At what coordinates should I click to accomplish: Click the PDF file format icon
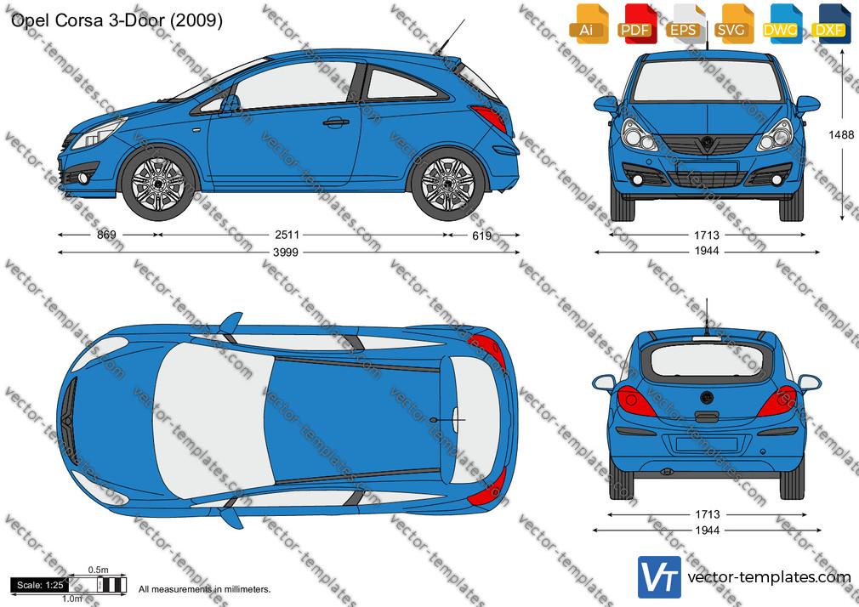tap(635, 24)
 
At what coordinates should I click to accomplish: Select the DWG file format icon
tap(781, 24)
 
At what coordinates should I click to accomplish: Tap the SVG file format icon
tap(732, 24)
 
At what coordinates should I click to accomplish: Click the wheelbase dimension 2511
tap(287, 235)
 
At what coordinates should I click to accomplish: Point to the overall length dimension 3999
tap(286, 252)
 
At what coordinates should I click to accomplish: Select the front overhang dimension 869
tap(106, 235)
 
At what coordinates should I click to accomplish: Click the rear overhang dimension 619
tap(482, 235)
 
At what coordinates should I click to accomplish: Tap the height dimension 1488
tap(841, 135)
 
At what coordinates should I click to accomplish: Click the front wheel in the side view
tap(158, 183)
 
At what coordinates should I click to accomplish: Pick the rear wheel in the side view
tap(447, 184)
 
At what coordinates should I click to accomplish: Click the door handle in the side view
tap(336, 122)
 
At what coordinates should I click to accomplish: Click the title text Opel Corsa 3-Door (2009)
tap(117, 20)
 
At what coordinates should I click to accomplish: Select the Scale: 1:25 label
tap(40, 585)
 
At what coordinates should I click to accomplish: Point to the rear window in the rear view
tap(708, 360)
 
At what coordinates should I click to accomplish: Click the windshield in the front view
tap(707, 81)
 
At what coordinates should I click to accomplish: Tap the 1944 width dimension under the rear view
tap(707, 530)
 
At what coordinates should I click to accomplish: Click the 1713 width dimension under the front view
tap(707, 235)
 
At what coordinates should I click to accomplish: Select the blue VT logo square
tap(659, 577)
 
